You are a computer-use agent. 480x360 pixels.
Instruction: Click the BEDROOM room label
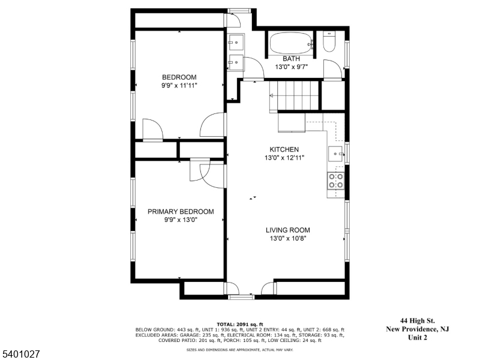tap(179, 77)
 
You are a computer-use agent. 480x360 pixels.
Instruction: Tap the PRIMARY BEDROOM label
tap(181, 212)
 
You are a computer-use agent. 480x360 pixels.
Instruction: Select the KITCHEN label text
tap(284, 149)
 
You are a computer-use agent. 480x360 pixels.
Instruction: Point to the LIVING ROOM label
tap(288, 230)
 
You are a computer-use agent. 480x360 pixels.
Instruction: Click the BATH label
tap(291, 59)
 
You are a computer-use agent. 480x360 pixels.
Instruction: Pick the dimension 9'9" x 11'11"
tap(179, 85)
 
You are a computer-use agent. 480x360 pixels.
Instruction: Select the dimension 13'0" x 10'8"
tap(288, 238)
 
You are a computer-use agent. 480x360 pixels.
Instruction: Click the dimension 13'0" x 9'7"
tap(291, 67)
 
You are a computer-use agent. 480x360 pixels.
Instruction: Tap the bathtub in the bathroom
tap(292, 43)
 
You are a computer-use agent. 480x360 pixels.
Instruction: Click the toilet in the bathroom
tap(329, 41)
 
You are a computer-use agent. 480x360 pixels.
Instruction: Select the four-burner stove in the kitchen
tap(336, 181)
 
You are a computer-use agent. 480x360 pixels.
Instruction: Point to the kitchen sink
tap(336, 154)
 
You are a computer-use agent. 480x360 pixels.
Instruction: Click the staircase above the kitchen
tap(294, 95)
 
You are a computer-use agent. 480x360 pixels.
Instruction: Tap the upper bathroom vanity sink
tap(236, 42)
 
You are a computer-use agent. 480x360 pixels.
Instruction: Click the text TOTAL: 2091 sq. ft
tap(240, 325)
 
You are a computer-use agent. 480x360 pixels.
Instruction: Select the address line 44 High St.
tap(418, 321)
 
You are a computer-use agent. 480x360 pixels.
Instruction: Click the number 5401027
tap(20, 354)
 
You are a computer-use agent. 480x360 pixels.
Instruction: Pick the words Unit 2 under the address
tap(418, 338)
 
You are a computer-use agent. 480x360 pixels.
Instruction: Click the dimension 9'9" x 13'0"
tap(181, 220)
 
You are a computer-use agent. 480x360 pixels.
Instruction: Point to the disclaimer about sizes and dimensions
tap(240, 350)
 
